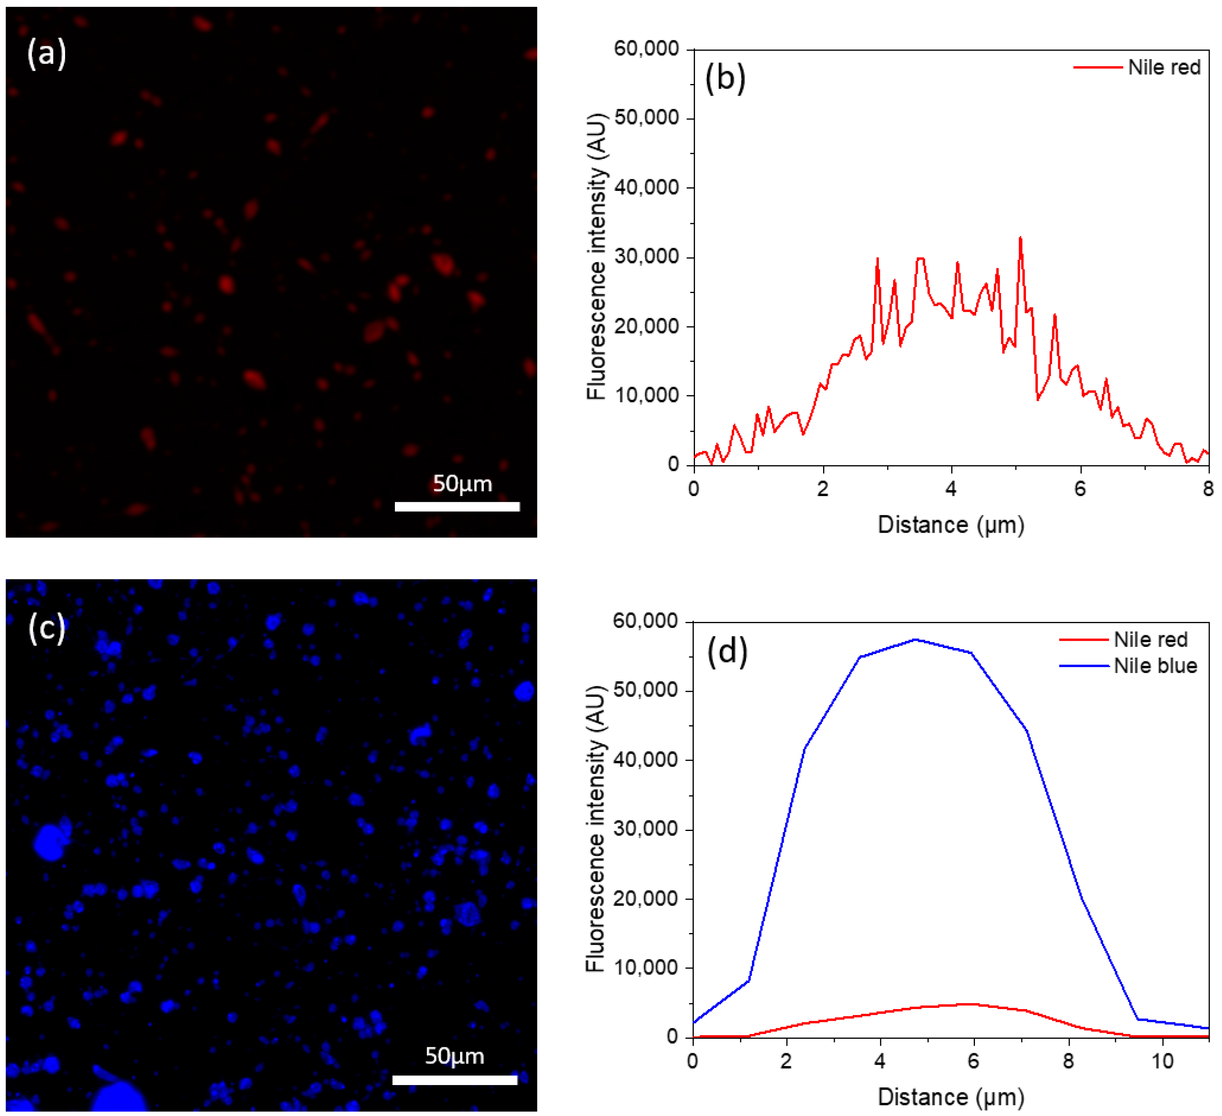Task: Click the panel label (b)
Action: coord(725,78)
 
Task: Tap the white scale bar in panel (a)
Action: coord(457,507)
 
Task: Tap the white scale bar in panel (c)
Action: coord(455,1079)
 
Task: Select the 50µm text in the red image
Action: coord(462,483)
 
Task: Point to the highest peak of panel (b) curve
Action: coord(1020,238)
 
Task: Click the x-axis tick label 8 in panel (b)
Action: coord(1208,489)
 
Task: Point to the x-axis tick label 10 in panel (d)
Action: coord(1162,1061)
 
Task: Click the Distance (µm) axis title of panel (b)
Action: coord(950,525)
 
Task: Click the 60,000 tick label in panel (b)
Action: coord(646,49)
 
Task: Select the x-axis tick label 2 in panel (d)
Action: coord(786,1061)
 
